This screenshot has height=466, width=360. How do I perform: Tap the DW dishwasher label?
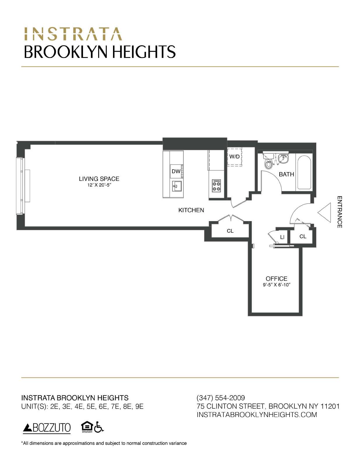pyautogui.click(x=176, y=171)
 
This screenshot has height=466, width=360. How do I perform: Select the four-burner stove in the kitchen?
pyautogui.click(x=216, y=186)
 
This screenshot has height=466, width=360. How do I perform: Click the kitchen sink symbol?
pyautogui.click(x=177, y=186)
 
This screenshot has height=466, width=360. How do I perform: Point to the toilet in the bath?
pyautogui.click(x=268, y=163)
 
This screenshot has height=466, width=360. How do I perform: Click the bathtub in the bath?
pyautogui.click(x=304, y=173)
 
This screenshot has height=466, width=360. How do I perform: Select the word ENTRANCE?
pyautogui.click(x=340, y=212)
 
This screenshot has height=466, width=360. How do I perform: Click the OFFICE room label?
pyautogui.click(x=276, y=279)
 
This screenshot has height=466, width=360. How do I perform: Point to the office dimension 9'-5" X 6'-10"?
pyautogui.click(x=276, y=285)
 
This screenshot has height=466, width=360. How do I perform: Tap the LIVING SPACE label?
pyautogui.click(x=99, y=179)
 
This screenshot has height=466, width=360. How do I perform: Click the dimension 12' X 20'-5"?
pyautogui.click(x=99, y=185)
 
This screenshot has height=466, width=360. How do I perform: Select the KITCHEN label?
pyautogui.click(x=191, y=210)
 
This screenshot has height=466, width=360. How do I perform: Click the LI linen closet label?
pyautogui.click(x=282, y=237)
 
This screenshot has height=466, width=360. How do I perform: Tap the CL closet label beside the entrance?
pyautogui.click(x=303, y=236)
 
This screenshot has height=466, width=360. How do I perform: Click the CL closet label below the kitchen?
pyautogui.click(x=230, y=231)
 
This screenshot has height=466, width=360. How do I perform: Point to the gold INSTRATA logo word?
pyautogui.click(x=73, y=34)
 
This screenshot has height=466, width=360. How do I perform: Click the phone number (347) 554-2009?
pyautogui.click(x=221, y=398)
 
